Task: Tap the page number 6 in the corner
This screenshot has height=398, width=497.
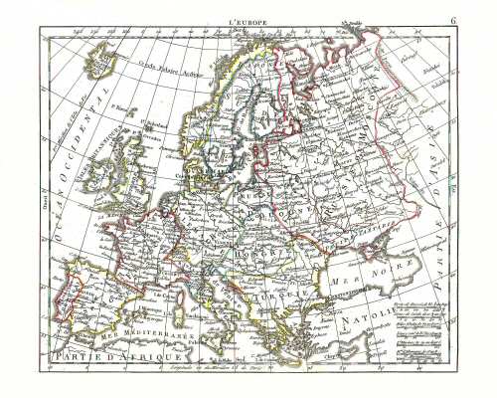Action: click(x=453, y=20)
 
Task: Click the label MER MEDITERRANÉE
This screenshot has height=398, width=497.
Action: click(x=149, y=328)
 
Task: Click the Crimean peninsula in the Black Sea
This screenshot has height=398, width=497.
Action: click(x=343, y=244)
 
